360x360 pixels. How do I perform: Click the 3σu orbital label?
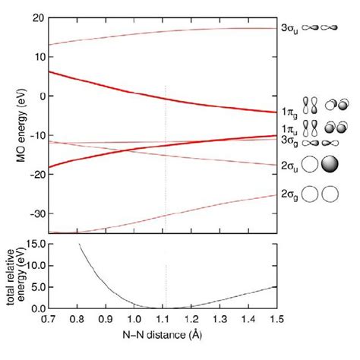pos(289,28)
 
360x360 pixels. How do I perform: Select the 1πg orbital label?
pos(288,112)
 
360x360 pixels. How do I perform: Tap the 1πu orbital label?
pos(288,130)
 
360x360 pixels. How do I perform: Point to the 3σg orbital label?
pos(288,141)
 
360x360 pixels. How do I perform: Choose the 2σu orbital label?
pos(289,163)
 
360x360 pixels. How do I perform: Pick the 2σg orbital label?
pos(289,194)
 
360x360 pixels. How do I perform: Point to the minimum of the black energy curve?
pos(165,308)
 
